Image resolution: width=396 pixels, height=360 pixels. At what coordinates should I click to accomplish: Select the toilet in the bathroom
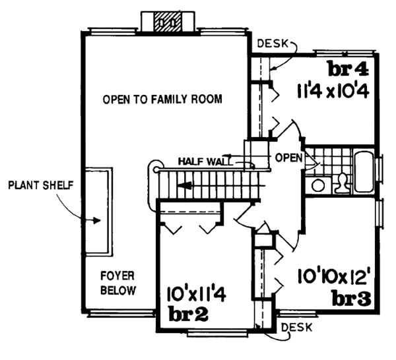343,182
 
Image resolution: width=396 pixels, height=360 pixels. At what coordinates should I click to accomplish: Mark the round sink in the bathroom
318,185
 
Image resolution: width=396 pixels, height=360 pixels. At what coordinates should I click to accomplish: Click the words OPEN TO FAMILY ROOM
162,100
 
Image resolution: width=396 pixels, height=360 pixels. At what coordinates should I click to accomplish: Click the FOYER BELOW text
118,282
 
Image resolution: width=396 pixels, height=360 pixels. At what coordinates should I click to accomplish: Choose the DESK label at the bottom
296,327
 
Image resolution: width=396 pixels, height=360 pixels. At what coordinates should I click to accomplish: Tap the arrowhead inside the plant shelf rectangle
97,220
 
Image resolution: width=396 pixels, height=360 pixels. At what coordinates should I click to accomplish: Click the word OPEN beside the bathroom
288,158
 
